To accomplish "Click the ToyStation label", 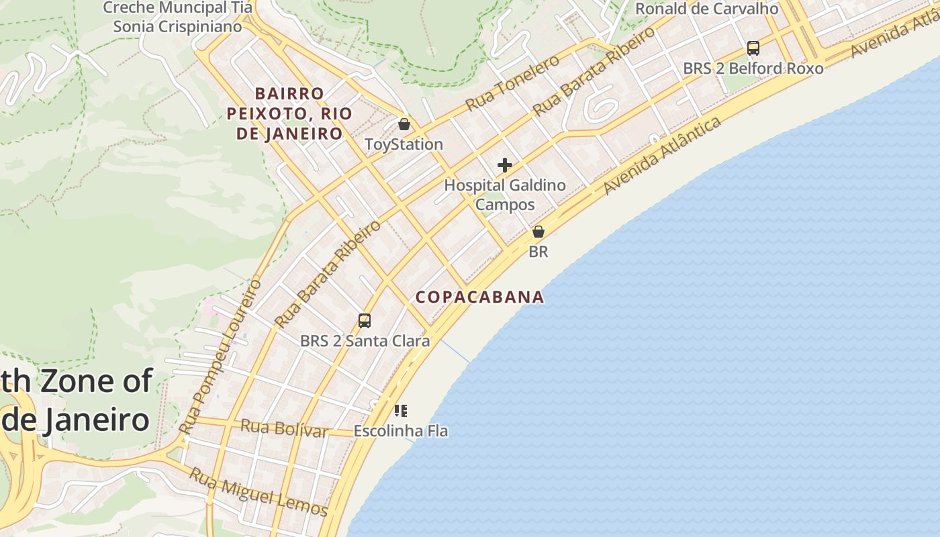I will pyautogui.click(x=404, y=144).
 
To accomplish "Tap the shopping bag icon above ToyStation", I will pyautogui.click(x=404, y=124).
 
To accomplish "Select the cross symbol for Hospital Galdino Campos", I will pyautogui.click(x=505, y=165).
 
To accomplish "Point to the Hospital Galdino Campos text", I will pyautogui.click(x=505, y=195).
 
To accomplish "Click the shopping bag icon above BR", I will pyautogui.click(x=538, y=232).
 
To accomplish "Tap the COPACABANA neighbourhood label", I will pyautogui.click(x=479, y=297).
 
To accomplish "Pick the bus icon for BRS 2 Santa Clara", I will pyautogui.click(x=365, y=321).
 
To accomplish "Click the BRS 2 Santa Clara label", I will pyautogui.click(x=365, y=341).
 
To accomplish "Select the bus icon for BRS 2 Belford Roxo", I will pyautogui.click(x=753, y=48).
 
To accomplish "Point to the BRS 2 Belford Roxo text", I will pyautogui.click(x=753, y=68).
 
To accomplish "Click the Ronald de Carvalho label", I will pyautogui.click(x=707, y=9).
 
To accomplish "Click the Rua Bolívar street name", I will pyautogui.click(x=283, y=428).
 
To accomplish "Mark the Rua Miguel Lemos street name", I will pyautogui.click(x=258, y=492).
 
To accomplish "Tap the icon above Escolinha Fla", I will pyautogui.click(x=401, y=411).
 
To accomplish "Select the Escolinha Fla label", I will pyautogui.click(x=401, y=431).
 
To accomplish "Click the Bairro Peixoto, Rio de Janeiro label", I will pyautogui.click(x=289, y=113).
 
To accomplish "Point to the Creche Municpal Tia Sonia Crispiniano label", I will pyautogui.click(x=177, y=17).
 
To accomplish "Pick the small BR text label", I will pyautogui.click(x=538, y=252).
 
